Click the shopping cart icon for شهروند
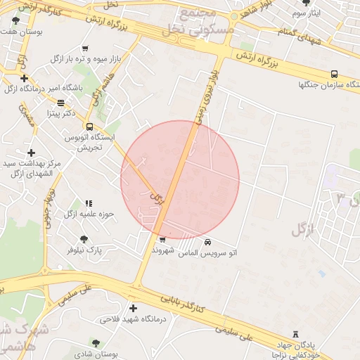[162, 240]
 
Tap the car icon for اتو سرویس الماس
[207, 242]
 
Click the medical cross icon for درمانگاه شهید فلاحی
[133, 308]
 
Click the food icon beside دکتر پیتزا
[60, 103]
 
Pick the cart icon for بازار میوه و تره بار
[85, 49]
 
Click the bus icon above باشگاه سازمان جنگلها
[333, 74]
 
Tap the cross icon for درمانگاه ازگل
[25, 78]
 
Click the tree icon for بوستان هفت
[16, 21]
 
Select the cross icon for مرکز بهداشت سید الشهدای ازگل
[30, 153]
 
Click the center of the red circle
[180, 180]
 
